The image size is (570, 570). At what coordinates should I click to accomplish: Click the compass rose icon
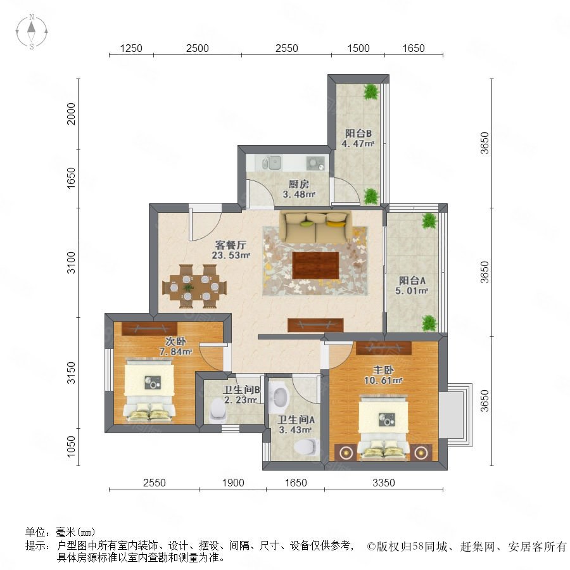click(32, 32)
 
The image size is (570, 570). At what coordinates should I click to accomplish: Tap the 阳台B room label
click(358, 133)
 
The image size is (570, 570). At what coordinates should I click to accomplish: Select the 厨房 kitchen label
click(299, 184)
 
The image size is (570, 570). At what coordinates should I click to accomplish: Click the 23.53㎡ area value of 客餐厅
click(231, 255)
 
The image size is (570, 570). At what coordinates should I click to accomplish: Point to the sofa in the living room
click(315, 227)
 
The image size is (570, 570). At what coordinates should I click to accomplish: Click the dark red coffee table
click(315, 265)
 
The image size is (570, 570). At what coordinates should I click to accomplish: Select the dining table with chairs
click(194, 286)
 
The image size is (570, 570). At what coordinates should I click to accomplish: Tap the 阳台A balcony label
click(412, 281)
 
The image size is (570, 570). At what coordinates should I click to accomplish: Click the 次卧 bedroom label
click(175, 341)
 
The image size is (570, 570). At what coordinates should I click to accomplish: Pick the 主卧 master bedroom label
click(383, 370)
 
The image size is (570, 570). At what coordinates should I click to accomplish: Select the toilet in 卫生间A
click(307, 448)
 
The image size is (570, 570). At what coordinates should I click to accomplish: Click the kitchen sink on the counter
click(270, 163)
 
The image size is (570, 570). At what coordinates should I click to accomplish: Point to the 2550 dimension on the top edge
click(286, 48)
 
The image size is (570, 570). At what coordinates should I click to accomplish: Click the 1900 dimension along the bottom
click(233, 483)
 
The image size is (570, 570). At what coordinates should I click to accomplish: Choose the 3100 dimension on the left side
click(71, 262)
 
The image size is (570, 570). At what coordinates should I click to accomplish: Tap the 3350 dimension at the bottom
click(384, 483)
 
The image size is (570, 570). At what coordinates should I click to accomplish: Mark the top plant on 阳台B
click(371, 92)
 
